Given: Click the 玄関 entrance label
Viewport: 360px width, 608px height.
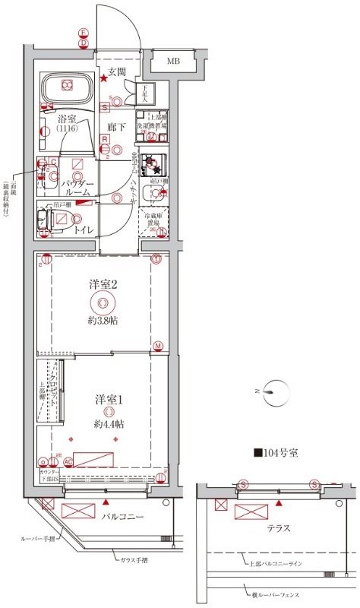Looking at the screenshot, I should click(116, 72).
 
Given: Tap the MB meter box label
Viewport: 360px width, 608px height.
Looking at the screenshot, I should click(174, 61).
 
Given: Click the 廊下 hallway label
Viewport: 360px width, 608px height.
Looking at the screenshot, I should click(115, 128).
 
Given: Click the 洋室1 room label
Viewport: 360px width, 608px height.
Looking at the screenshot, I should click(108, 399).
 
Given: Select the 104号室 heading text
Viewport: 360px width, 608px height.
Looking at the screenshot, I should click(277, 453).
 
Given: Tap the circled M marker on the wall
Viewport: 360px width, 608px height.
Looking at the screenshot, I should click(158, 347).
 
